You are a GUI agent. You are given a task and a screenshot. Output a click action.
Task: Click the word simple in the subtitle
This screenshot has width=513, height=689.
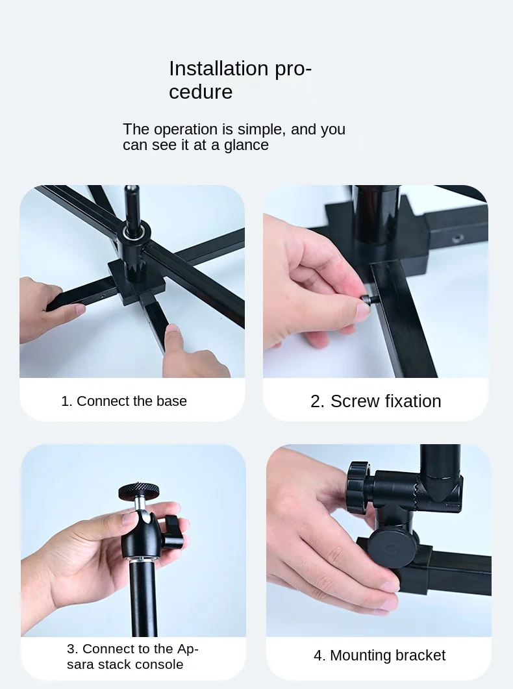click(x=262, y=129)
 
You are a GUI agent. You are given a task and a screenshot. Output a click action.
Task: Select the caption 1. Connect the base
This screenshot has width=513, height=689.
click(x=124, y=401)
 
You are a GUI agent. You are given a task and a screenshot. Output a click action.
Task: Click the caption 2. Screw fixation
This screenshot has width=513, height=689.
click(x=375, y=401)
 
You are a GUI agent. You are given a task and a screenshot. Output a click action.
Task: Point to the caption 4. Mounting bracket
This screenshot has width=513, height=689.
click(x=379, y=655)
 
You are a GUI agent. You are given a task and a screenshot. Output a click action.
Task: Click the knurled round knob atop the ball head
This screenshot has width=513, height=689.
click(x=139, y=492)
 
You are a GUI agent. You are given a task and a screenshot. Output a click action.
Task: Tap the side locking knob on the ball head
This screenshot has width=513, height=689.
click(x=172, y=531)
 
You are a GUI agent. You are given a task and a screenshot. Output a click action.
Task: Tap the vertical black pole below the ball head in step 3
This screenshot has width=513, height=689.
click(x=144, y=597)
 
